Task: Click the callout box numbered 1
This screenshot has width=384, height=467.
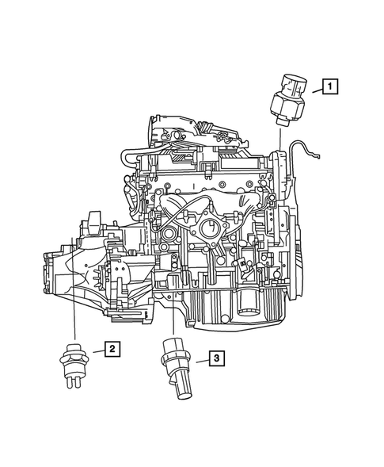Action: [x=330, y=86]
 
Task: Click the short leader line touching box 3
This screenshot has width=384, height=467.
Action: [x=198, y=361]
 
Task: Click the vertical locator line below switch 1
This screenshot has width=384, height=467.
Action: [x=282, y=135]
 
